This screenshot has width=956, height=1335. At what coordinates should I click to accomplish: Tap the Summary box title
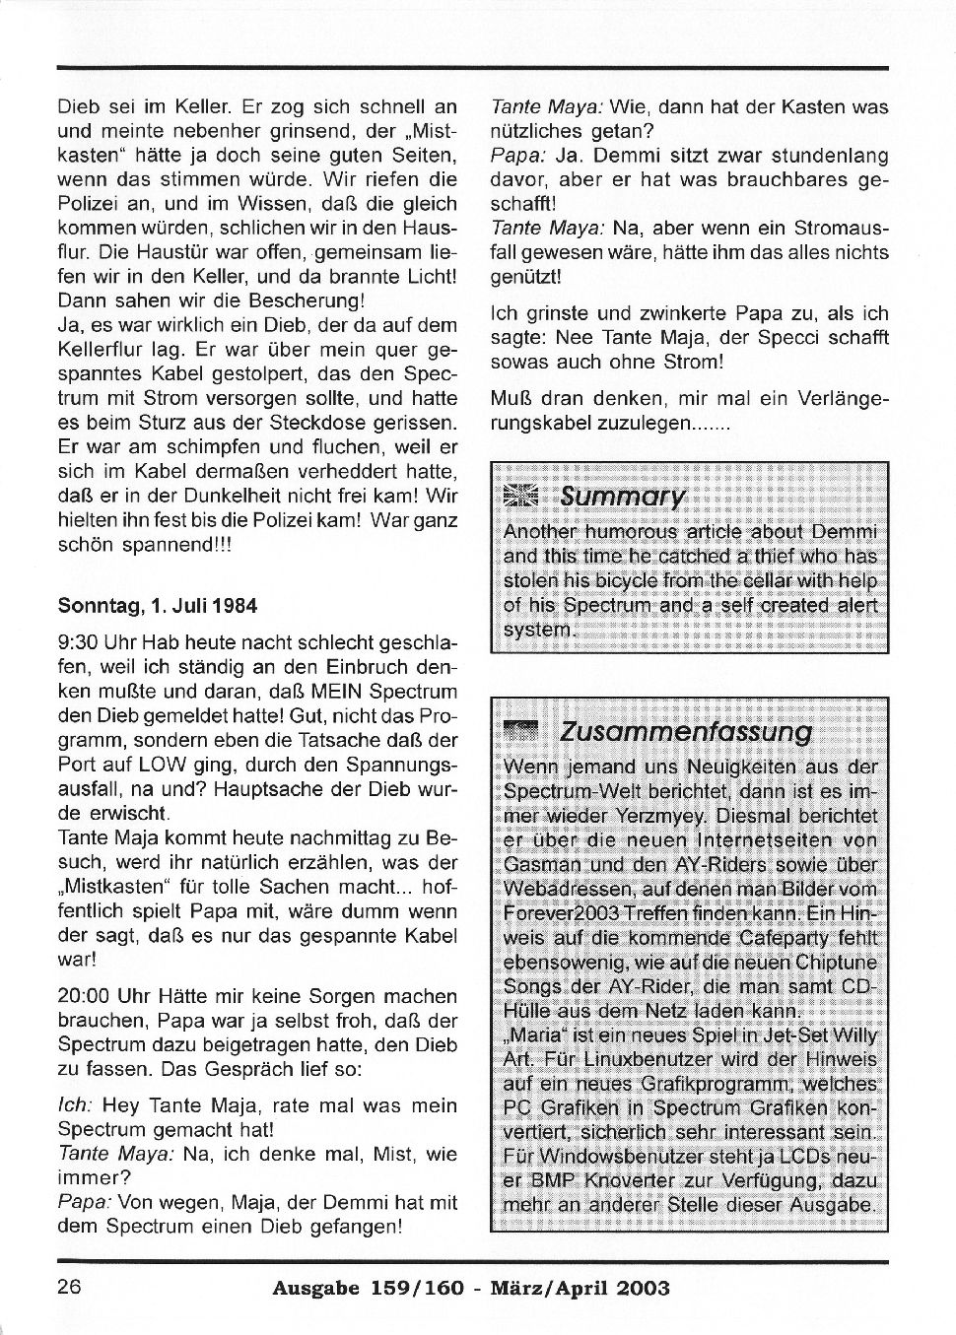tap(622, 496)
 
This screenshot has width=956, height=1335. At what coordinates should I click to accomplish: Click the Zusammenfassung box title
tap(685, 732)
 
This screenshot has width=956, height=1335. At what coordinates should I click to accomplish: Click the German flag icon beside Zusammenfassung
tap(521, 731)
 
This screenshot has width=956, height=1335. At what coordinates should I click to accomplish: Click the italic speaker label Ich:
tap(75, 1105)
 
